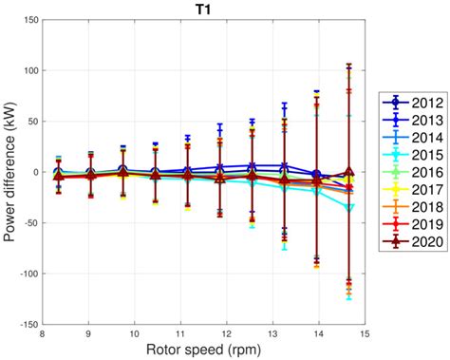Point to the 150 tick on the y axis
point(28,20)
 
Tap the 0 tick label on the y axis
point(35,172)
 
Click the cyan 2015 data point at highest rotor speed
point(350,206)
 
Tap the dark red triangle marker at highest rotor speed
point(350,173)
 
